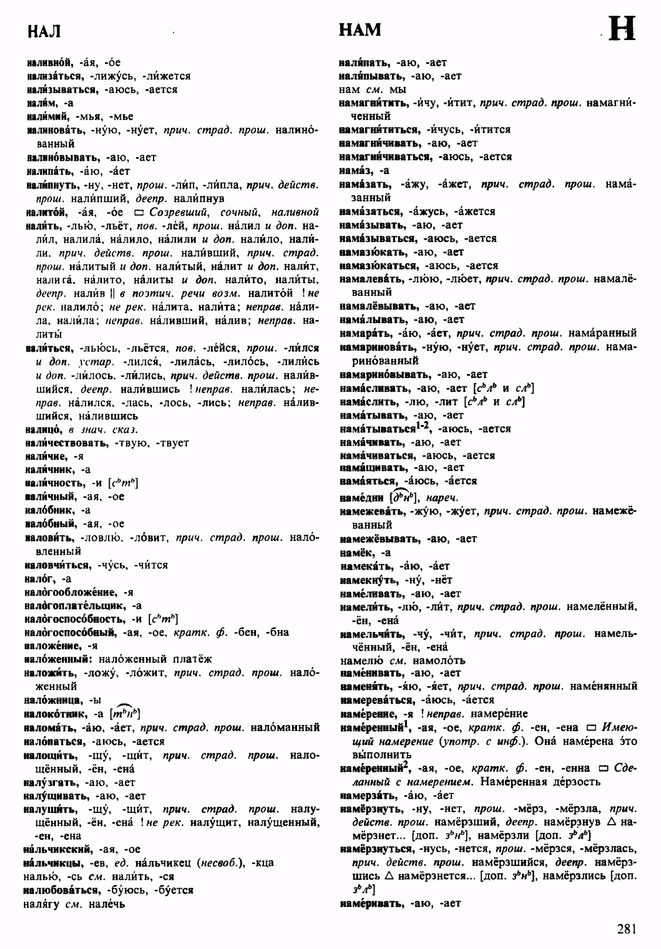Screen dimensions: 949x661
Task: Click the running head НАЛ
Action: point(44,32)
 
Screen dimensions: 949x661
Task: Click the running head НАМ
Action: point(360,30)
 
